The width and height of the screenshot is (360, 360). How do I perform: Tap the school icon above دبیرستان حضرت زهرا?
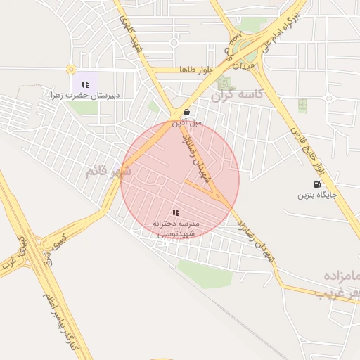85,84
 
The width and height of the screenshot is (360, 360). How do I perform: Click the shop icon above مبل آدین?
186,112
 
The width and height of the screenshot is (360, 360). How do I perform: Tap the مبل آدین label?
186,122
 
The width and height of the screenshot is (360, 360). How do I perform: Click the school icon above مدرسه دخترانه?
176,212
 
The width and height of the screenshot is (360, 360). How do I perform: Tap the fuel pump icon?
316,185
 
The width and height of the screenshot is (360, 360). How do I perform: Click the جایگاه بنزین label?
317,195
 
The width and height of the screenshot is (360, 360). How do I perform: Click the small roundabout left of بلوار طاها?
70,70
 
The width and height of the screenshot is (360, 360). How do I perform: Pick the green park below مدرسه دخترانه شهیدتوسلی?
204,273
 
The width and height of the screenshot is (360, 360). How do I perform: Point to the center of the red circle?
180,180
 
